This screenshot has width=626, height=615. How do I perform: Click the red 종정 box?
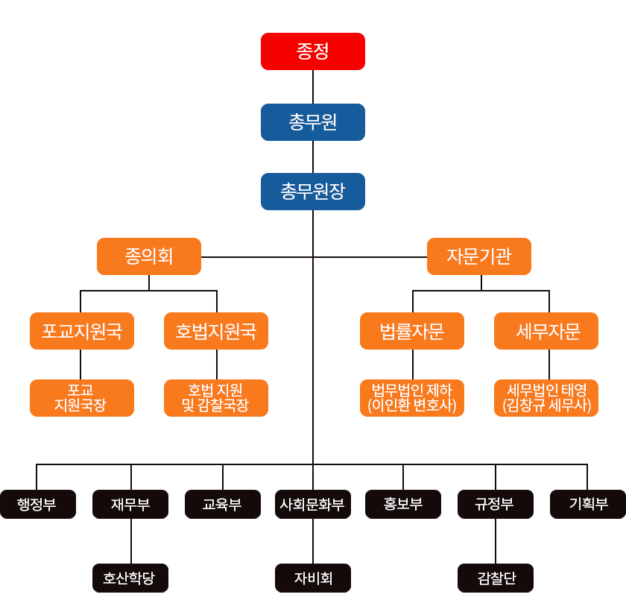[x=313, y=51]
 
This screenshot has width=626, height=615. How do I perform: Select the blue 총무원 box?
[x=313, y=122]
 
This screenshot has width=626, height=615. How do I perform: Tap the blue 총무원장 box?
[x=313, y=192]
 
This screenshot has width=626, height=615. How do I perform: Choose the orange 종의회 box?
[x=149, y=256]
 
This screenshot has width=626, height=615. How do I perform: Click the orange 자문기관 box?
[x=479, y=256]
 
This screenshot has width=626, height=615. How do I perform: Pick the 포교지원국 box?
[x=82, y=331]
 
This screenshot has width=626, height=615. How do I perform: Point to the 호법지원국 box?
[x=216, y=331]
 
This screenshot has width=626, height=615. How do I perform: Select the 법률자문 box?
[x=412, y=331]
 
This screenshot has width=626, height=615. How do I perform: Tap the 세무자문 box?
[x=546, y=331]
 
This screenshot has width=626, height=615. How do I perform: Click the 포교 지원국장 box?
[x=82, y=398]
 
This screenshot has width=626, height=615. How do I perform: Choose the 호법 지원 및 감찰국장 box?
[x=216, y=398]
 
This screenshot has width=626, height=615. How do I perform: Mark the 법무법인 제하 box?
[x=412, y=398]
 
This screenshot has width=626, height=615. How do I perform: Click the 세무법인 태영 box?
[x=546, y=398]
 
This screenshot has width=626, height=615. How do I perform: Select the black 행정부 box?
[x=37, y=504]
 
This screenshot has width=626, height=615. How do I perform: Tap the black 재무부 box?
[x=130, y=504]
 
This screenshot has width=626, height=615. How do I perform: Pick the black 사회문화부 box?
[x=313, y=504]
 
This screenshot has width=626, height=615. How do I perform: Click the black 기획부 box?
[x=588, y=504]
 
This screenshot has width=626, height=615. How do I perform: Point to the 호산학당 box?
[x=130, y=578]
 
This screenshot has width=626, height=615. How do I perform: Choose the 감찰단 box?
[x=496, y=578]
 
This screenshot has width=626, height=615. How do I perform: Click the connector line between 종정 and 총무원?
[x=313, y=86]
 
